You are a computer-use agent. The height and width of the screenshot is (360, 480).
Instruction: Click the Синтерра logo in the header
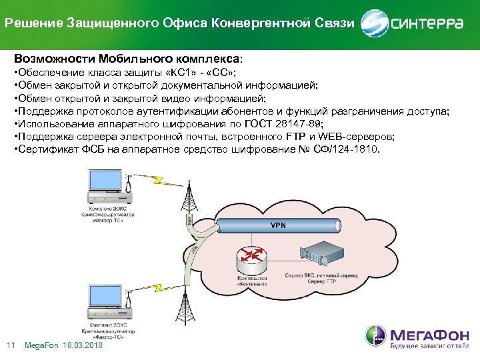click(412, 23)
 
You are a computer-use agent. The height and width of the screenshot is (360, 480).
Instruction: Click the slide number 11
click(10, 345)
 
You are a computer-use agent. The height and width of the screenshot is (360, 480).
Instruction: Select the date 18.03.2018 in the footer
click(82, 345)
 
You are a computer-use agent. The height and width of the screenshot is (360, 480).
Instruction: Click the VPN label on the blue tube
click(278, 225)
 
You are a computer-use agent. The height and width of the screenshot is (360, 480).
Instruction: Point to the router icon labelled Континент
click(252, 257)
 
